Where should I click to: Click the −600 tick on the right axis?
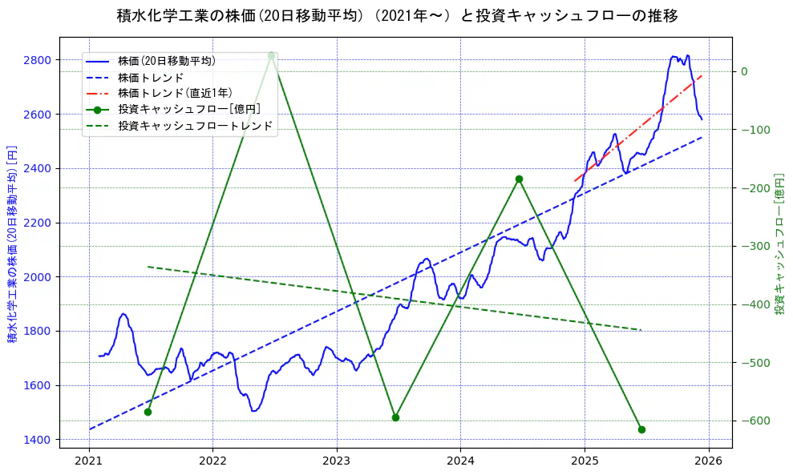click(754, 421)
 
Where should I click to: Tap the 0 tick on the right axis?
click(744, 71)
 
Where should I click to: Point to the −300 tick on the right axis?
click(754, 246)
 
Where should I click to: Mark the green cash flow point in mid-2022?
click(272, 55)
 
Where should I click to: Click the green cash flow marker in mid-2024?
click(519, 179)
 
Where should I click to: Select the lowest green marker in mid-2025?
click(641, 429)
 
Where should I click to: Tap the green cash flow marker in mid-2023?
click(395, 417)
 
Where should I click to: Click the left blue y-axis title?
click(13, 245)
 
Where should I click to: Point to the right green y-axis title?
click(779, 245)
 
